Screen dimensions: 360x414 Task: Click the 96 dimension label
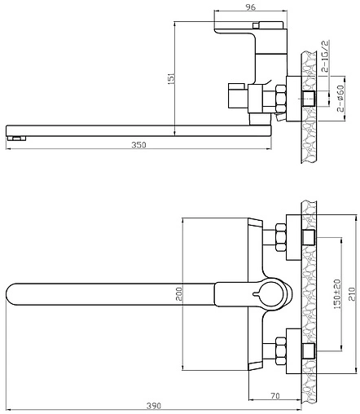[251, 7]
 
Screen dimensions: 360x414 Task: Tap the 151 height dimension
[171, 78]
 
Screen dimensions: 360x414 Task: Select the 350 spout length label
[138, 145]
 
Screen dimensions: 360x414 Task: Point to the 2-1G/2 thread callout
[325, 56]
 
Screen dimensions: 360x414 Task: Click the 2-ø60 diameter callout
[340, 99]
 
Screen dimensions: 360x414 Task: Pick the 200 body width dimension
[179, 294]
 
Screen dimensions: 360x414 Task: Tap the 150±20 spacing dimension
[337, 293]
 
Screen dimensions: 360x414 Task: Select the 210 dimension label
[352, 293]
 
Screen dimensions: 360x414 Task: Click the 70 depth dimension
[275, 396]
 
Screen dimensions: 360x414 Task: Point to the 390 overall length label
[154, 406]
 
